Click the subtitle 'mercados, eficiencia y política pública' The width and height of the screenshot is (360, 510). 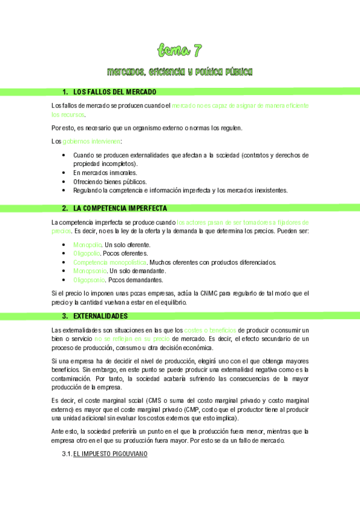click(x=180, y=72)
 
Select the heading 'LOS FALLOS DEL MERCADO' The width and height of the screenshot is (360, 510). click(x=115, y=92)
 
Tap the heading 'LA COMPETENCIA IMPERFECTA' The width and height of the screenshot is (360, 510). click(x=120, y=209)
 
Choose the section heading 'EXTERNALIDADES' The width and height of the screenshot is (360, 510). click(x=100, y=316)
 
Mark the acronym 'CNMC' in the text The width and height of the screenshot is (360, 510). click(x=208, y=293)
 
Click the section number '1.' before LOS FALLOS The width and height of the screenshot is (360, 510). click(x=65, y=92)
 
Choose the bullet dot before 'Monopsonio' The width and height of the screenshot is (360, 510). click(x=64, y=271)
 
